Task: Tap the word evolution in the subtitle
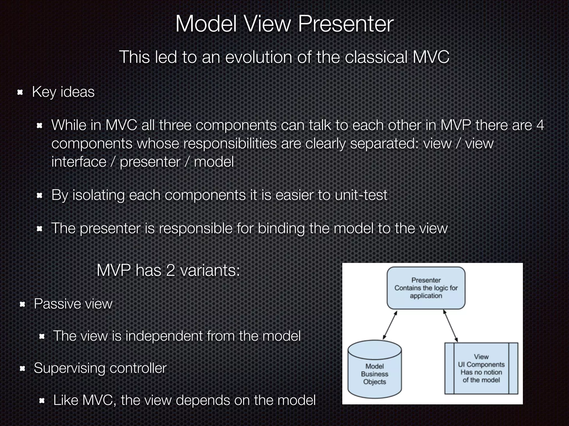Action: point(259,57)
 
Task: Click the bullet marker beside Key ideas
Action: point(20,92)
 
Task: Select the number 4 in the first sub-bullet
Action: point(540,125)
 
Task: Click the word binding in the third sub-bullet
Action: point(281,229)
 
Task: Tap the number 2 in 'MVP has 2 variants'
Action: point(170,270)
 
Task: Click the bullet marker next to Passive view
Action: point(23,304)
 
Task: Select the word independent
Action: point(164,336)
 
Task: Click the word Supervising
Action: point(69,368)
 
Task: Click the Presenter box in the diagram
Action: point(426,288)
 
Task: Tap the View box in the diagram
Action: point(481,368)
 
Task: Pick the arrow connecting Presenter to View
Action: point(450,326)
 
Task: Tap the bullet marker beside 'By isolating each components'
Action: point(39,196)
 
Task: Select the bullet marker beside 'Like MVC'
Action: point(42,401)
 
